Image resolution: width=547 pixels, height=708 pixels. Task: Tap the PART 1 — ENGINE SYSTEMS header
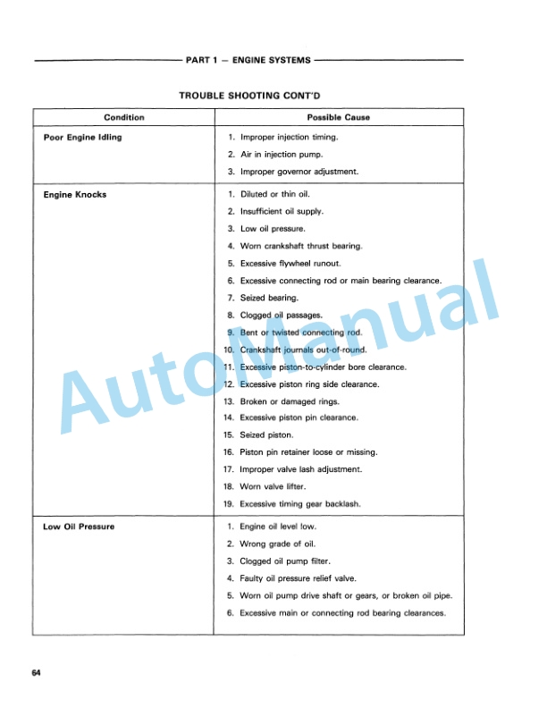(x=248, y=60)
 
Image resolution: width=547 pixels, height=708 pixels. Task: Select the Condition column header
(x=123, y=117)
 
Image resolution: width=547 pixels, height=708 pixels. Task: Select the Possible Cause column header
(x=338, y=117)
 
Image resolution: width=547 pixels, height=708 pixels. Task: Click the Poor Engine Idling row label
(x=83, y=138)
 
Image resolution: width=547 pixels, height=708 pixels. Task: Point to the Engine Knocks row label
(x=75, y=195)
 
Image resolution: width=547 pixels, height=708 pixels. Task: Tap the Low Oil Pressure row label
(x=79, y=527)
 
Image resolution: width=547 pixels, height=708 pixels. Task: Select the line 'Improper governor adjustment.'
(x=297, y=172)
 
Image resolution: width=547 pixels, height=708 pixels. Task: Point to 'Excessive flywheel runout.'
(x=290, y=264)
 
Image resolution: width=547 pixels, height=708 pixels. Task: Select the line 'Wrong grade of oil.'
(x=277, y=544)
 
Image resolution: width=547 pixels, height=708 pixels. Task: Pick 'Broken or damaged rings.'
(x=286, y=400)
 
